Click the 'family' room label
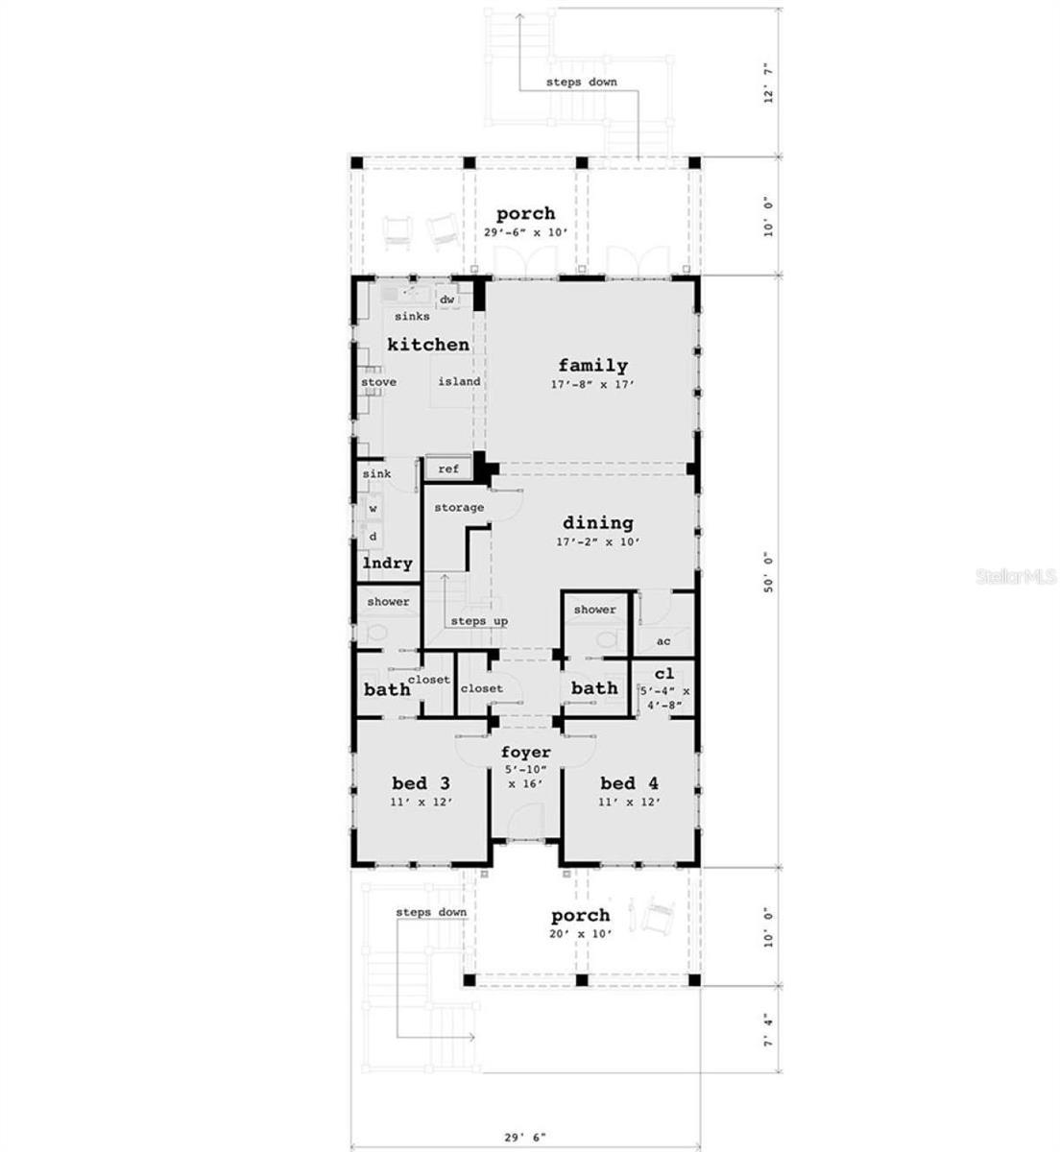[x=592, y=365]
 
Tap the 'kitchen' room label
[x=428, y=344]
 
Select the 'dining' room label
[x=597, y=523]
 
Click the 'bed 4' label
[x=629, y=781]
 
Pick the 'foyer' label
[x=525, y=753]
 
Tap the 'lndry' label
[x=388, y=564]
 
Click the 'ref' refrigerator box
[x=448, y=469]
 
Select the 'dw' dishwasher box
[x=446, y=300]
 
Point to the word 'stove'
[x=378, y=382]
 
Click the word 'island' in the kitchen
[x=459, y=382]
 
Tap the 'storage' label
[x=458, y=507]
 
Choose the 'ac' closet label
[x=662, y=641]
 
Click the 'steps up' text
[x=479, y=621]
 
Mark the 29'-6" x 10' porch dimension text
[x=525, y=233]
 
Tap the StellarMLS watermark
[x=1017, y=577]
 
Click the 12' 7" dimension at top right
[x=767, y=95]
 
